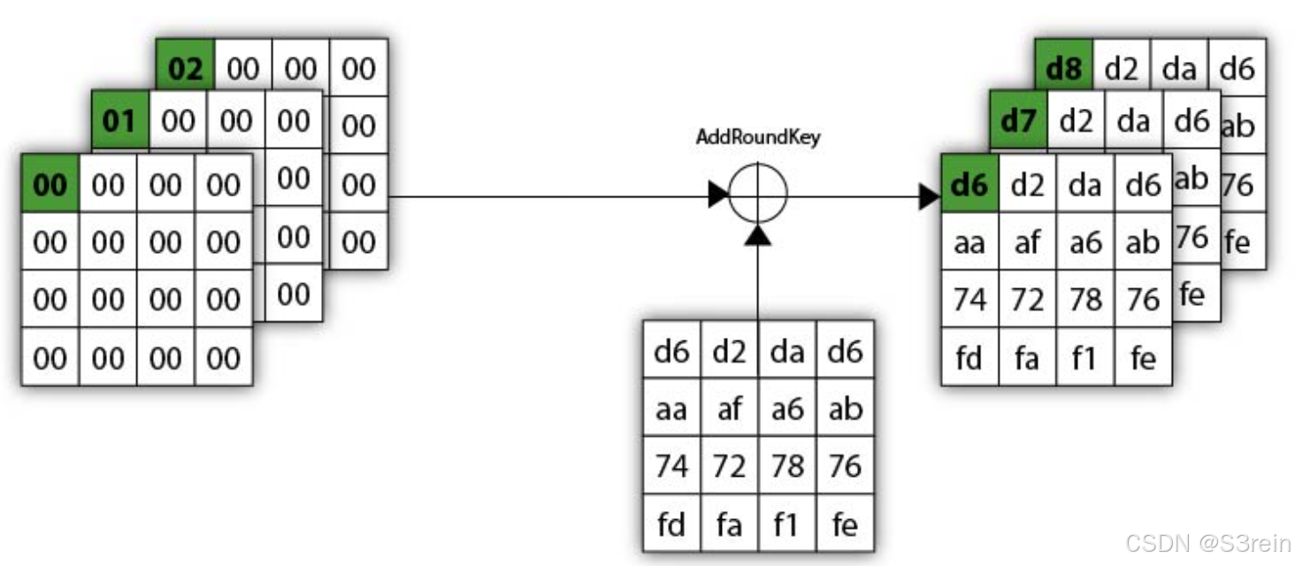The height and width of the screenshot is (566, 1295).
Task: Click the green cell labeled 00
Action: tap(50, 184)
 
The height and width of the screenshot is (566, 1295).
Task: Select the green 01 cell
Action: tap(119, 120)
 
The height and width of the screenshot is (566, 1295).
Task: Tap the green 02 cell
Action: tap(185, 68)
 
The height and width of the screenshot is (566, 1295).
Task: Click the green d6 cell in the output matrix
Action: tap(969, 184)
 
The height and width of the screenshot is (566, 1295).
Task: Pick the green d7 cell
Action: tap(1017, 120)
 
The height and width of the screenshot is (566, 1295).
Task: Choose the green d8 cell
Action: tap(1063, 68)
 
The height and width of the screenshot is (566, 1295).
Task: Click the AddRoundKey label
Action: tap(757, 138)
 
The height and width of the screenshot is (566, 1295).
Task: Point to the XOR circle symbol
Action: tap(758, 195)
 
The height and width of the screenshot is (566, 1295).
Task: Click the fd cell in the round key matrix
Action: tap(671, 524)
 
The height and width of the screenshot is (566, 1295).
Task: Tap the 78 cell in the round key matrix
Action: tap(787, 466)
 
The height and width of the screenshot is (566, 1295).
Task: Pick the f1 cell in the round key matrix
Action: tap(787, 524)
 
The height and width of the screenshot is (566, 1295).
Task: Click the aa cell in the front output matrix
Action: tap(969, 242)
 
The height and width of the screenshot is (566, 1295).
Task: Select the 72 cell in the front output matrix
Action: tap(1027, 300)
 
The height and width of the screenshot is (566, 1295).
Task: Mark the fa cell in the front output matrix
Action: tap(1027, 358)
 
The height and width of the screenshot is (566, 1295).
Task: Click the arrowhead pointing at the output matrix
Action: tap(929, 196)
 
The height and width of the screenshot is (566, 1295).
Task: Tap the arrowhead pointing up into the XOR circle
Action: tap(758, 234)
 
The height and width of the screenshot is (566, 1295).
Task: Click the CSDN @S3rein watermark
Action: tap(1207, 543)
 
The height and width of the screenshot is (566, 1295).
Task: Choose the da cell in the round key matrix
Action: tap(787, 351)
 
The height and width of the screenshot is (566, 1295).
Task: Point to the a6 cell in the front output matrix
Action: tap(1085, 242)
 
